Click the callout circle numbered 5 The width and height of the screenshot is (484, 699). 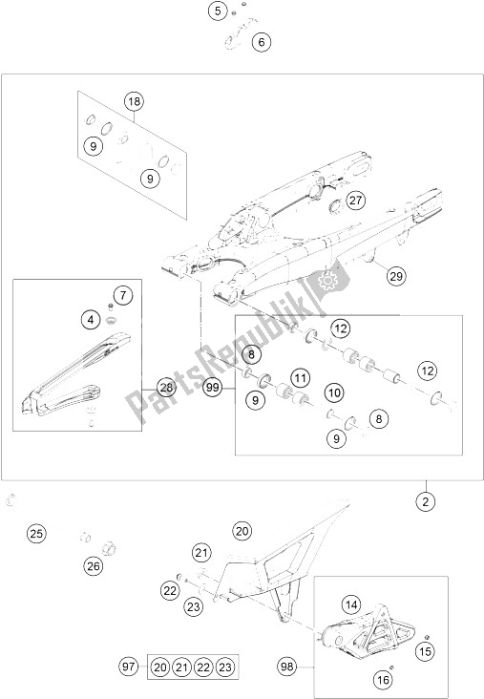pos(218,11)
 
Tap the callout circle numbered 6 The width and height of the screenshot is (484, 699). pos(262,42)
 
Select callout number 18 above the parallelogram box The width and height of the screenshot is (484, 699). pos(134,101)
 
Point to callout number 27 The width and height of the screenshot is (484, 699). pos(356,201)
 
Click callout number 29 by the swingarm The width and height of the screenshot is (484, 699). pos(396,276)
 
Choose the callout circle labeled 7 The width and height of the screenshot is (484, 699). pos(123,295)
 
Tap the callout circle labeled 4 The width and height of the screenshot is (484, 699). pos(91,320)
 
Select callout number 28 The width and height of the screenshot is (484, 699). pos(166,388)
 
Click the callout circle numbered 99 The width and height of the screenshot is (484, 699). pos(213,388)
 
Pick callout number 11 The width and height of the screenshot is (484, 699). pos(301,379)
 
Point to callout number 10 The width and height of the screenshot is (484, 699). pos(334,392)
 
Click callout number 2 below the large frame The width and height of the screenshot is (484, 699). pos(426,502)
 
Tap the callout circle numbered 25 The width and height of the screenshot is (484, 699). pos(36,533)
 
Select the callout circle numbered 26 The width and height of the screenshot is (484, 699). pos(94,566)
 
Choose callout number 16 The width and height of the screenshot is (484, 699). pos(383,679)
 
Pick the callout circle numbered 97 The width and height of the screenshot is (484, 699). pos(128,667)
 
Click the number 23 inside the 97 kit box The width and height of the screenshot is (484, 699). pos(226,667)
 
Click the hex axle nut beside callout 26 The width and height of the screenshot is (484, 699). pos(108,547)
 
